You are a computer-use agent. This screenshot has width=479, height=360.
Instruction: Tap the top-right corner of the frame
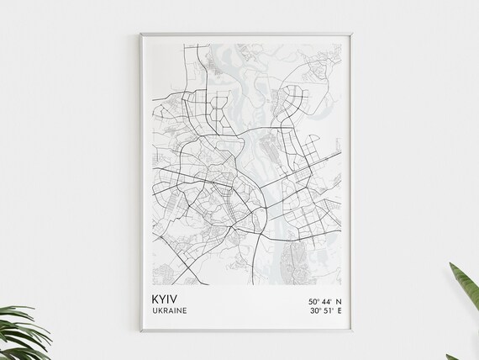[x=353, y=33]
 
